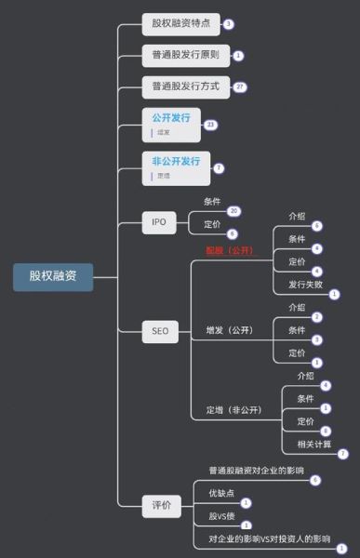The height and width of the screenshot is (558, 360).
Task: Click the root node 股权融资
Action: point(53,276)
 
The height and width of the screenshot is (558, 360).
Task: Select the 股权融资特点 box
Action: point(180,23)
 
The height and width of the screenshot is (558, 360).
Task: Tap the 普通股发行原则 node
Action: point(185,55)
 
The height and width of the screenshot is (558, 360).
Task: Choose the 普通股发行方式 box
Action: point(185,87)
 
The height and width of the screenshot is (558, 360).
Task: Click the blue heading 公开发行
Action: point(171,118)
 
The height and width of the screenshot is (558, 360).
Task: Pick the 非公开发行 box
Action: point(176,161)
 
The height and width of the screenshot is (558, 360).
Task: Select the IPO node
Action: point(158,221)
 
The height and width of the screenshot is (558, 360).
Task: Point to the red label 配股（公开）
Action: point(229,251)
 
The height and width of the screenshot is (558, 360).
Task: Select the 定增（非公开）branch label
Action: point(233,410)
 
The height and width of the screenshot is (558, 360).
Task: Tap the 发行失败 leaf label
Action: point(305,284)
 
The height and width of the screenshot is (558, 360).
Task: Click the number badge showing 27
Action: point(240,86)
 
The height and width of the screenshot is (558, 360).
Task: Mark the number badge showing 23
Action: point(210,125)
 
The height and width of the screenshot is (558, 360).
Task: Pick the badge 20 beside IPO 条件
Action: point(233,211)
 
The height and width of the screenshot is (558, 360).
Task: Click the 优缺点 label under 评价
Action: point(221,493)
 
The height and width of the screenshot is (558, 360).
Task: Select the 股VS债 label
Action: point(221,515)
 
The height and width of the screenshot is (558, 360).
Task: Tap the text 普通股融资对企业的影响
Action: point(256,471)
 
